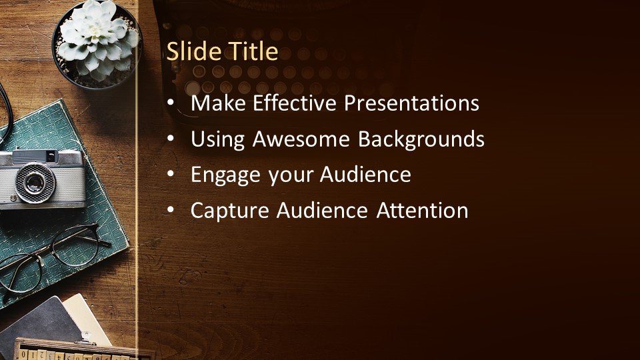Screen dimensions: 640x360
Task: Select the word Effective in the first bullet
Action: coord(294,103)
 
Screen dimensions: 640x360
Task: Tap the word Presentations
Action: coord(411,103)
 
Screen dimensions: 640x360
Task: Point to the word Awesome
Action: coord(301,139)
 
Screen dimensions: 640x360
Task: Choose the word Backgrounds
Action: coord(421,139)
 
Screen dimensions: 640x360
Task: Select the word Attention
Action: coord(422,210)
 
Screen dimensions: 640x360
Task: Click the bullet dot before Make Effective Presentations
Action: coord(171,103)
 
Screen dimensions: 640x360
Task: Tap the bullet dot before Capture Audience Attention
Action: coord(171,211)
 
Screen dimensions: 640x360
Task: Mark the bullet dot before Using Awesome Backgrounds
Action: coord(171,139)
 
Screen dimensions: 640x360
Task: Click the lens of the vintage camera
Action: coord(35,182)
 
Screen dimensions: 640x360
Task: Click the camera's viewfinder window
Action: coord(51,156)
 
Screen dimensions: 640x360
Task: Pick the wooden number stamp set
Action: coord(77,350)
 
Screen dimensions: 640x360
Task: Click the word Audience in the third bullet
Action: coord(365,174)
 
